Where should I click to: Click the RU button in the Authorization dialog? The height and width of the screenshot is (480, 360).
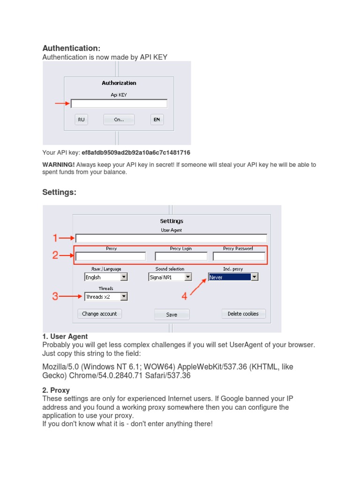pyautogui.click(x=82, y=120)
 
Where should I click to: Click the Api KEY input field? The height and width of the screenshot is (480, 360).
pyautogui.click(x=119, y=104)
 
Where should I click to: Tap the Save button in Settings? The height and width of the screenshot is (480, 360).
pyautogui.click(x=172, y=315)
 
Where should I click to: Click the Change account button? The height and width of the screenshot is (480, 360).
pyautogui.click(x=99, y=314)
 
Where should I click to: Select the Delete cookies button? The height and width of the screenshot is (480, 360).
pyautogui.click(x=243, y=314)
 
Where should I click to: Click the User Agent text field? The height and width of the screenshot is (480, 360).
pyautogui.click(x=171, y=238)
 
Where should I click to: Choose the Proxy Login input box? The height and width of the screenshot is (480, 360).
pyautogui.click(x=181, y=256)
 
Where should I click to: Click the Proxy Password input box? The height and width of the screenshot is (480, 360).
pyautogui.click(x=239, y=256)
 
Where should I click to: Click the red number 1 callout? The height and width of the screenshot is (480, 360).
pyautogui.click(x=55, y=238)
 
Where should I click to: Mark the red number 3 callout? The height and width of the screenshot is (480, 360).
pyautogui.click(x=55, y=296)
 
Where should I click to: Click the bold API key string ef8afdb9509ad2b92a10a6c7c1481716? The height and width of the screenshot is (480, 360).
pyautogui.click(x=136, y=153)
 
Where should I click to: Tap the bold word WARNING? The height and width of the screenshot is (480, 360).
pyautogui.click(x=59, y=165)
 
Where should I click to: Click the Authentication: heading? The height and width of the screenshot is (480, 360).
pyautogui.click(x=71, y=48)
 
